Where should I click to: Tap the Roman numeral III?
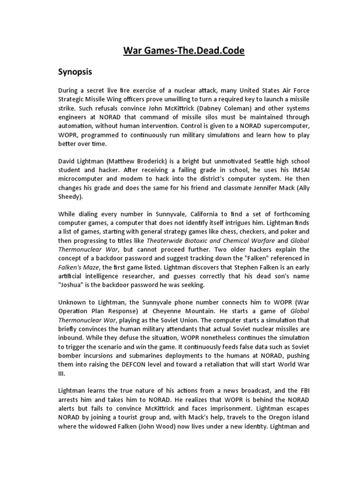(x=62, y=373)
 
